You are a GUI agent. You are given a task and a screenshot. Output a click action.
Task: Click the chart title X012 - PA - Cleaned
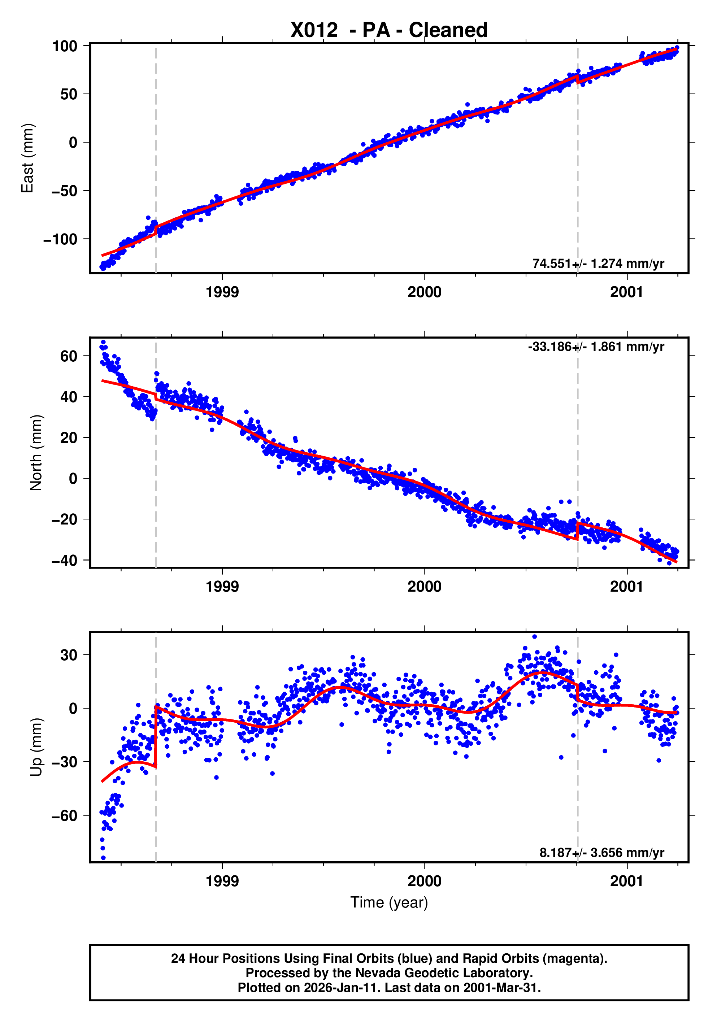click(389, 30)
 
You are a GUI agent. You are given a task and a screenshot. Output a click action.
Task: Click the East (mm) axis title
click(28, 158)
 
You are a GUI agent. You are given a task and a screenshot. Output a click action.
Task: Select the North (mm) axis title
click(36, 453)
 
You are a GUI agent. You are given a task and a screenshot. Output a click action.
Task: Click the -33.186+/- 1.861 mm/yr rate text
click(596, 346)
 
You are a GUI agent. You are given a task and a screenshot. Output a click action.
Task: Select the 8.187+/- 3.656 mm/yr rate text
click(601, 852)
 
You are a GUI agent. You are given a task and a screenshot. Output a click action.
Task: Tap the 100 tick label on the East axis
click(65, 46)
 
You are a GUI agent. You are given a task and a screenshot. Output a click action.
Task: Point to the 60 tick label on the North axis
click(69, 356)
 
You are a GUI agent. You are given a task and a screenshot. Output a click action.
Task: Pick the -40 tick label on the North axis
click(65, 560)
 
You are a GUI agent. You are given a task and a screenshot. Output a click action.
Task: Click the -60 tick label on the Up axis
click(65, 816)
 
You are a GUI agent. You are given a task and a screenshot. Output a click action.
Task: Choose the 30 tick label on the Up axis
click(69, 655)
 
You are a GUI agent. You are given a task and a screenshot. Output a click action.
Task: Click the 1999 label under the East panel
click(222, 292)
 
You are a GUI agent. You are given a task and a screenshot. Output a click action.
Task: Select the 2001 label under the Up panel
click(626, 881)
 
